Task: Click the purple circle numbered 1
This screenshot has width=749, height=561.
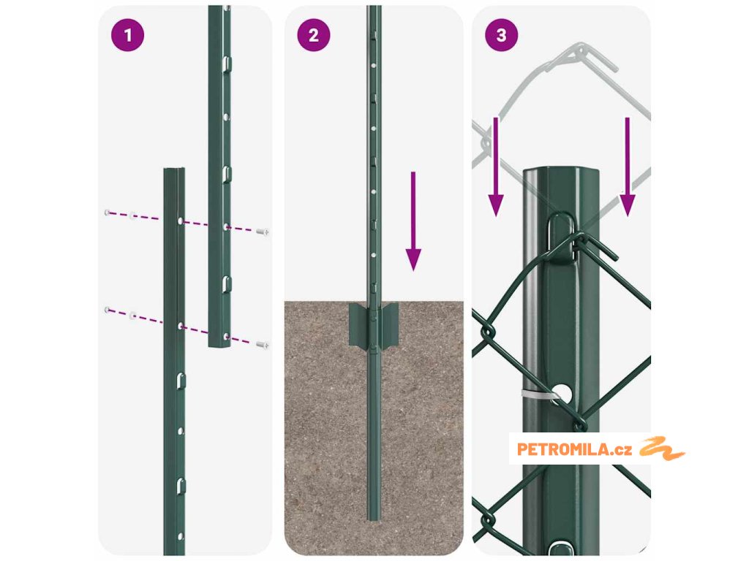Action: tap(127, 35)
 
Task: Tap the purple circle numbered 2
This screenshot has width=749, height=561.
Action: tap(313, 35)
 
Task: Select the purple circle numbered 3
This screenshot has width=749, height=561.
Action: tap(501, 35)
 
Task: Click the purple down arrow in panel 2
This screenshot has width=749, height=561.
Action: tap(413, 221)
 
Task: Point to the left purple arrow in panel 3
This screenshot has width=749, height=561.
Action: tap(496, 167)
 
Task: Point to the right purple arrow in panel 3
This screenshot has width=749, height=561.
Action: tap(627, 167)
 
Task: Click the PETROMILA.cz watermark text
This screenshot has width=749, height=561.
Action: tap(574, 449)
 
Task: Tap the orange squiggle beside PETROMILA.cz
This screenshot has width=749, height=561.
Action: tap(662, 448)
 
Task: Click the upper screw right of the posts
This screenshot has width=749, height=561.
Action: tap(263, 232)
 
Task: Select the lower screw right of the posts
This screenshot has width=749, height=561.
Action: tap(263, 345)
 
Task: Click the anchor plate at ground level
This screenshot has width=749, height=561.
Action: tap(374, 325)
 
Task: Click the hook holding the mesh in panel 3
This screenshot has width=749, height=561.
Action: tap(562, 237)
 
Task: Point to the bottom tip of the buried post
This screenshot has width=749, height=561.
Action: tap(374, 520)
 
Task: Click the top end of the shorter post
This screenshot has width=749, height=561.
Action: tap(174, 169)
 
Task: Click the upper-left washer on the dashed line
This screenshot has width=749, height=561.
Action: tap(107, 213)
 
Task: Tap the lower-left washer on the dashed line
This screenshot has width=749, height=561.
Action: tap(107, 310)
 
